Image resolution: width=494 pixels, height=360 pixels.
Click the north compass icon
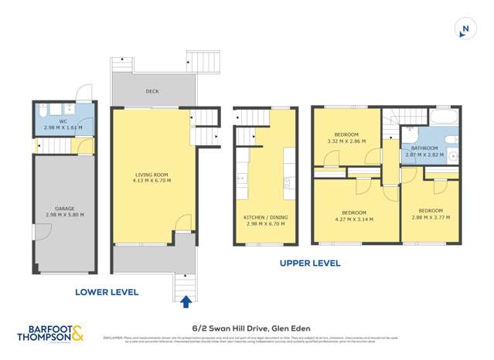465,29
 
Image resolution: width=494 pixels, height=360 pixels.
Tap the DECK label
152,91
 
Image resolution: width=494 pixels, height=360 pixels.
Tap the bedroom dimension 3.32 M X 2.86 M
346,141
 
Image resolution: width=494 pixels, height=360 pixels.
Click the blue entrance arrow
185,302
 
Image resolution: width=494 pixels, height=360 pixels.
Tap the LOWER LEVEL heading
107,292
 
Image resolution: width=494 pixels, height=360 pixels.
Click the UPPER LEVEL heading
309,263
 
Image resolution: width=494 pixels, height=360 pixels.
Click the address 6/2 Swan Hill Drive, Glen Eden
247,327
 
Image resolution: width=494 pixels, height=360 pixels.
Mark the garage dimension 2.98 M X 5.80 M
64,215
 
